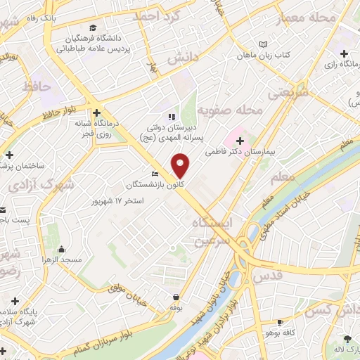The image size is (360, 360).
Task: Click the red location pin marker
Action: [181, 165]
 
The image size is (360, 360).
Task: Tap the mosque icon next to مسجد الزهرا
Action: [61, 249]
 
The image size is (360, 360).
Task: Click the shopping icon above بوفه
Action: [175, 297]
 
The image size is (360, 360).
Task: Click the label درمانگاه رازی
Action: [337, 65]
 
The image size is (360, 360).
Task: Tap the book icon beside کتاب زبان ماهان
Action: [263, 44]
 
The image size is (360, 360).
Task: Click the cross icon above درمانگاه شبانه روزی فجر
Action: [96, 112]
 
